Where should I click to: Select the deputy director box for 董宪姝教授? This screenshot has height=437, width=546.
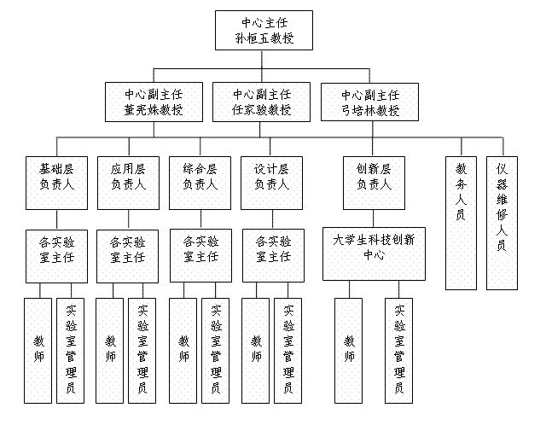pos(154,102)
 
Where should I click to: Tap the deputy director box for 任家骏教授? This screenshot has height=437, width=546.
pos(262,102)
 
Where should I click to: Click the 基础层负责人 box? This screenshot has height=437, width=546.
pos(56,182)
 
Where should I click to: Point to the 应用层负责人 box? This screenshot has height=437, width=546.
pos(128,182)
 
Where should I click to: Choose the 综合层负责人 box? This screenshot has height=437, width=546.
pos(200,182)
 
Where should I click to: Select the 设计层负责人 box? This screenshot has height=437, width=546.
pos(273,182)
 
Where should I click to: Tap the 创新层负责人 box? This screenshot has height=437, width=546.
pos(374,182)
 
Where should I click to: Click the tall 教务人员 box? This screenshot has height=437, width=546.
pos(461,222)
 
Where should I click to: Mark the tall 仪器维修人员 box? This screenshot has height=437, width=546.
pos(502,222)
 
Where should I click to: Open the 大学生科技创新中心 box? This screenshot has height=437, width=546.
pos(374,253)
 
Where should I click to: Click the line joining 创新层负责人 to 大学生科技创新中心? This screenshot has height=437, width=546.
pos(374,217)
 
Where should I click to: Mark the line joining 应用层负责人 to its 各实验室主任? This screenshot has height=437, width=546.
pos(128,218)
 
